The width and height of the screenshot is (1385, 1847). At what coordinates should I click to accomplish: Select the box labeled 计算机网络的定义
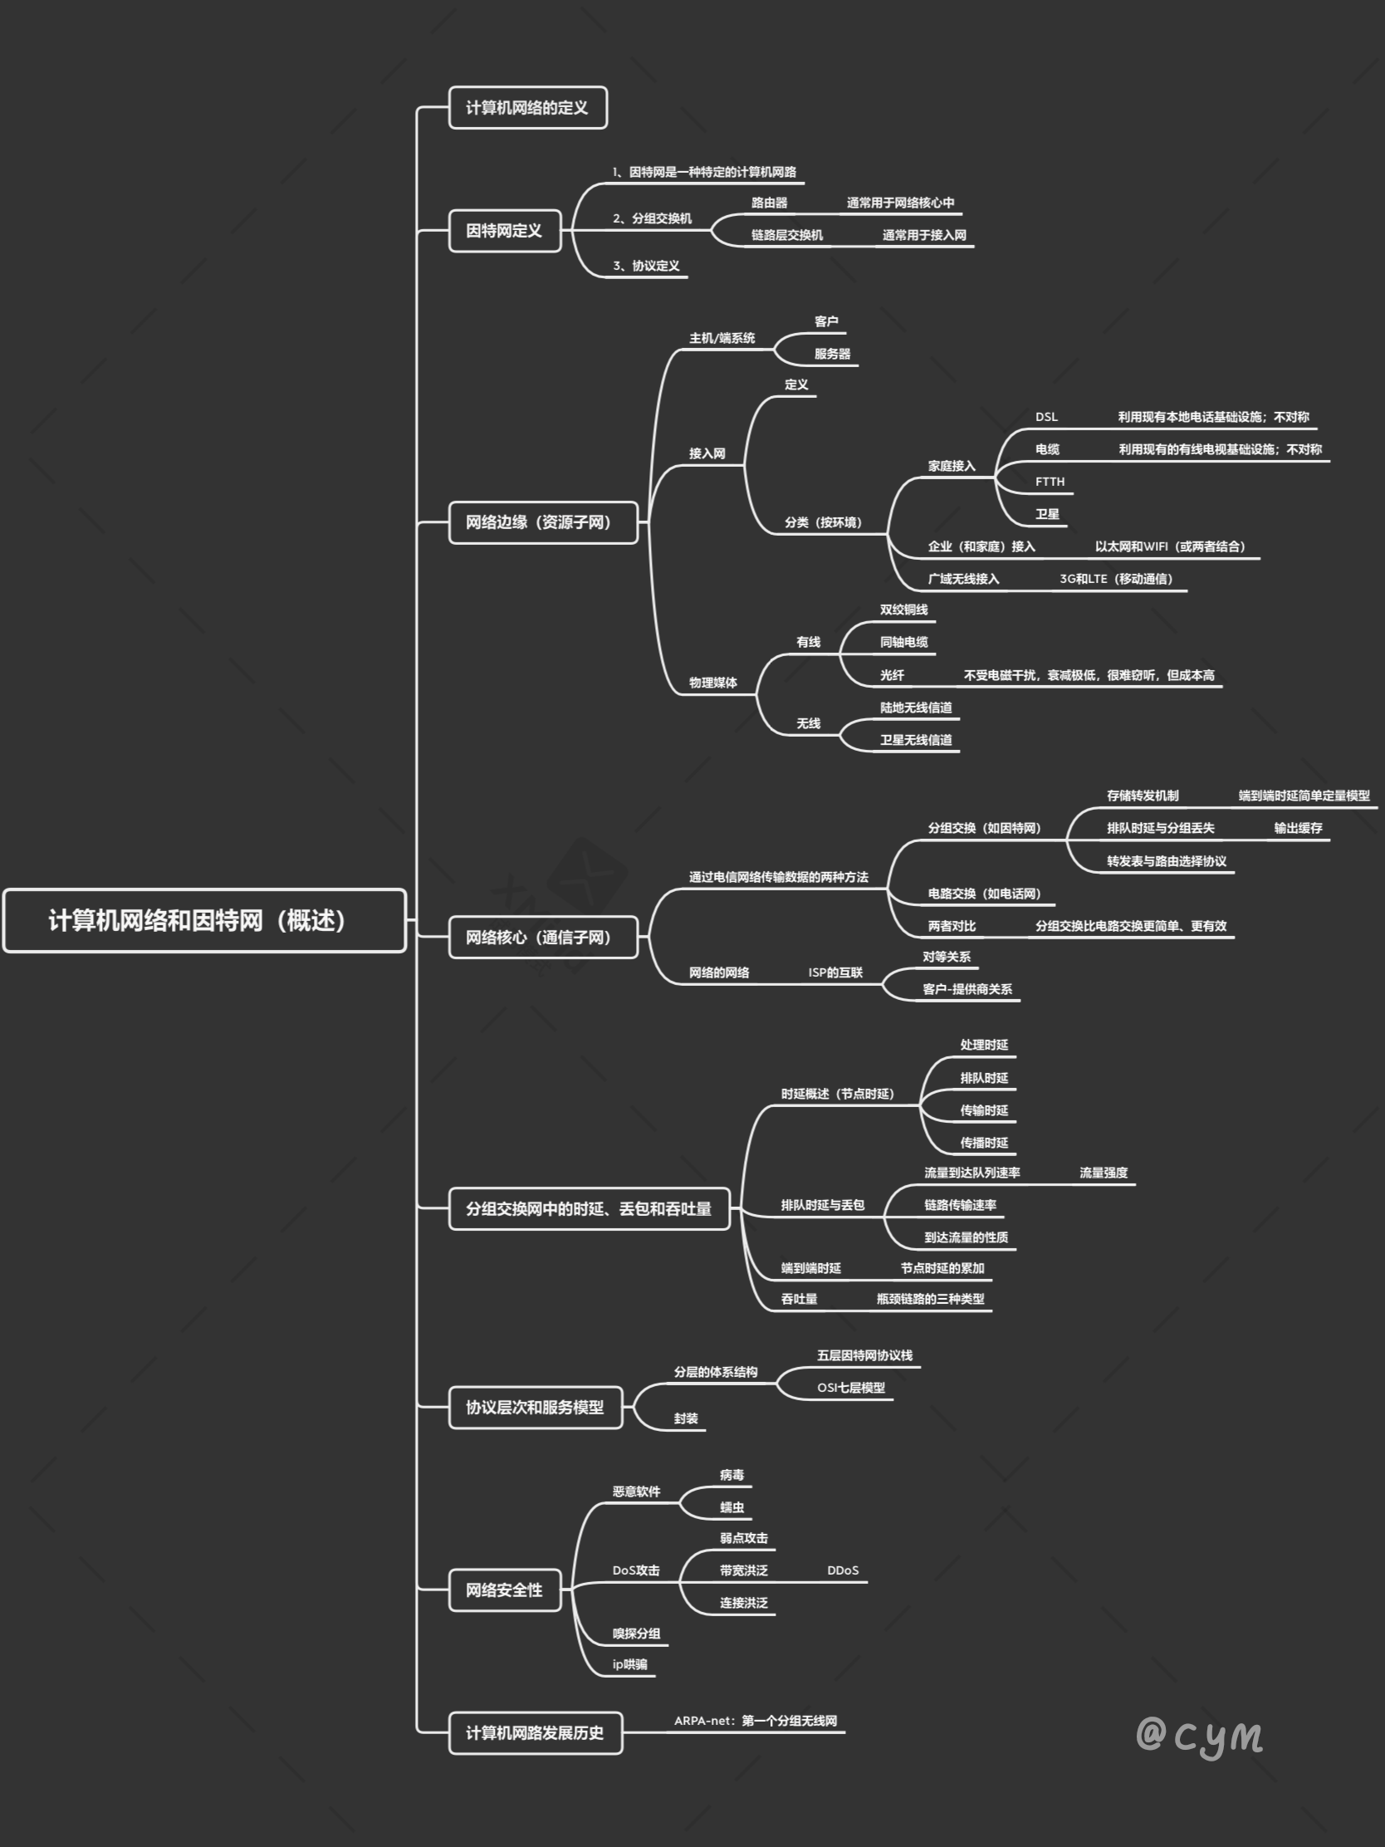click(526, 108)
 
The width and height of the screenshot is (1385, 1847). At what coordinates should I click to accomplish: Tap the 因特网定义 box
click(504, 230)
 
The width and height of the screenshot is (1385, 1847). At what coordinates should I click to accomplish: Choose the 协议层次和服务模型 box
click(535, 1407)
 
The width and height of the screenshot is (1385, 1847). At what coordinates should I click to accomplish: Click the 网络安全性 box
click(504, 1590)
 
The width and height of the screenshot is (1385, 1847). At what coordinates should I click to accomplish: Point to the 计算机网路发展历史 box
click(535, 1732)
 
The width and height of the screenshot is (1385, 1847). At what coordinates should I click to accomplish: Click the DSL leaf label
click(1046, 417)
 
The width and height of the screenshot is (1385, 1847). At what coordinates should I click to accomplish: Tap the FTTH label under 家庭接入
click(1050, 482)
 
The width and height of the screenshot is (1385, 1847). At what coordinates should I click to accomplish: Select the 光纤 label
click(892, 674)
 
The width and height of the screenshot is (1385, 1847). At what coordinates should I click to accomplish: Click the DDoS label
click(842, 1570)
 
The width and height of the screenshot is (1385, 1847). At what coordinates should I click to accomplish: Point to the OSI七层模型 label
click(851, 1388)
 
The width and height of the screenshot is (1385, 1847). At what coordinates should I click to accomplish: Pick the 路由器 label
click(769, 203)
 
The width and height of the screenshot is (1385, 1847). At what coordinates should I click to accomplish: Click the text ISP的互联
click(834, 972)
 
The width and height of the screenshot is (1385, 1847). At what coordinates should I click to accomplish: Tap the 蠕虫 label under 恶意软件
click(732, 1507)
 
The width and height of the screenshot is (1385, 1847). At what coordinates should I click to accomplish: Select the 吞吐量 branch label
click(799, 1299)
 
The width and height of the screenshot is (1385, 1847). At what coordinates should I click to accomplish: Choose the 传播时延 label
click(983, 1143)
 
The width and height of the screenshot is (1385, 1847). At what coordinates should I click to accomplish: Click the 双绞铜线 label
click(903, 610)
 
